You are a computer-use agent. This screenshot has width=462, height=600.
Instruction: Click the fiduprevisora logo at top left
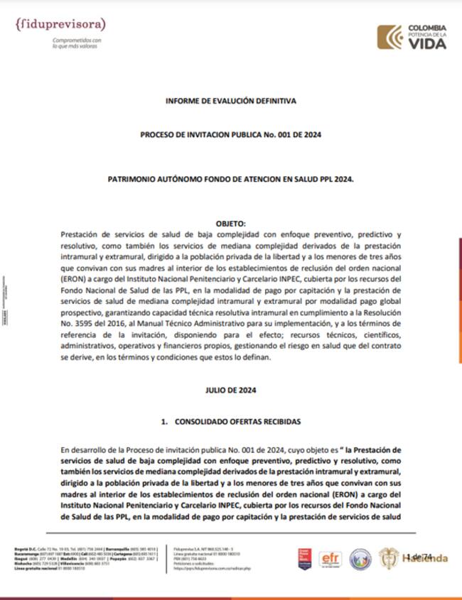tap(60, 25)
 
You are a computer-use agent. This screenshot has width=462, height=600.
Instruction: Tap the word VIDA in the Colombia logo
tap(427, 44)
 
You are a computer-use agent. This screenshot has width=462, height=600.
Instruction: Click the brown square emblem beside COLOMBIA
tap(390, 36)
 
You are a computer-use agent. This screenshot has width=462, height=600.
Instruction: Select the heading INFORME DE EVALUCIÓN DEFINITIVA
tap(231, 102)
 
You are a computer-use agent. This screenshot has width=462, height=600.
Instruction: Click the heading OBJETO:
tap(230, 223)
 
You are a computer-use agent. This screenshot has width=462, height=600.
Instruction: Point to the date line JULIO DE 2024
tap(231, 390)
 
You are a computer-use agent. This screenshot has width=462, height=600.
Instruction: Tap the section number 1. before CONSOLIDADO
tap(164, 421)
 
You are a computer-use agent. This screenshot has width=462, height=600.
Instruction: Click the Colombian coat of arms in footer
tap(388, 557)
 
